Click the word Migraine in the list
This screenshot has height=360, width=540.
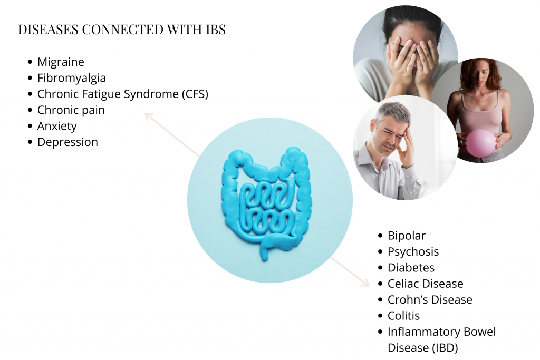61,62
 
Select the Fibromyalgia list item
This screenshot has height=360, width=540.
71,79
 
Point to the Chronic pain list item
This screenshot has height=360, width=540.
71,110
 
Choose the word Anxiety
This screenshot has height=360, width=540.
57,127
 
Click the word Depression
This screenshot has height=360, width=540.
67,142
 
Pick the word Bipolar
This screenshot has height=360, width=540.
406,236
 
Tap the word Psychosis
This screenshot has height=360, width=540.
413,252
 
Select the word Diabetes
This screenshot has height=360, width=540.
411,268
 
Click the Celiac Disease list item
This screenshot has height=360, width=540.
425,284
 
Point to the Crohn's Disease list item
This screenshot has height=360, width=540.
430,300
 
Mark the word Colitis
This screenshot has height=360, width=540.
404,316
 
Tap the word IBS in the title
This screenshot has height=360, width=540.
214,30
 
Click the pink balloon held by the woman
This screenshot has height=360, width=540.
480,143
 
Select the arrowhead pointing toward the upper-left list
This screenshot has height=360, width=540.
149,116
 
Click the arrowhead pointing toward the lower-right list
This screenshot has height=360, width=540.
365,283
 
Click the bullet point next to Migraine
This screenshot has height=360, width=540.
30,62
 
